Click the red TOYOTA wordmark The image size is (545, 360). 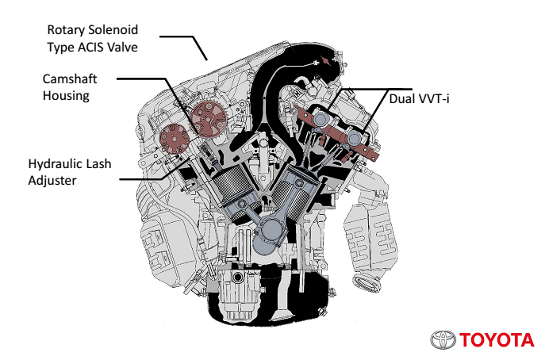[496, 340]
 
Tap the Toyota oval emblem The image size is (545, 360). [443, 340]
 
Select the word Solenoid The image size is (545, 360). [117, 30]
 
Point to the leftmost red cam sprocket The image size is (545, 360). [170, 139]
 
